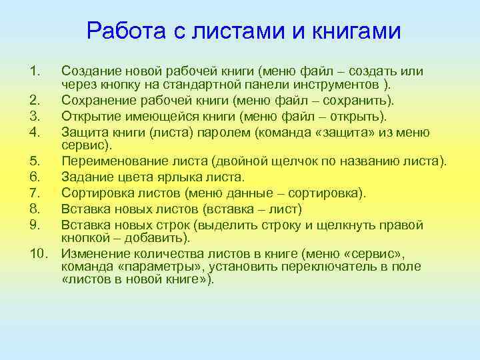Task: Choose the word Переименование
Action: tap(111, 162)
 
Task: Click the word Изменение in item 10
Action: tap(92, 254)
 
